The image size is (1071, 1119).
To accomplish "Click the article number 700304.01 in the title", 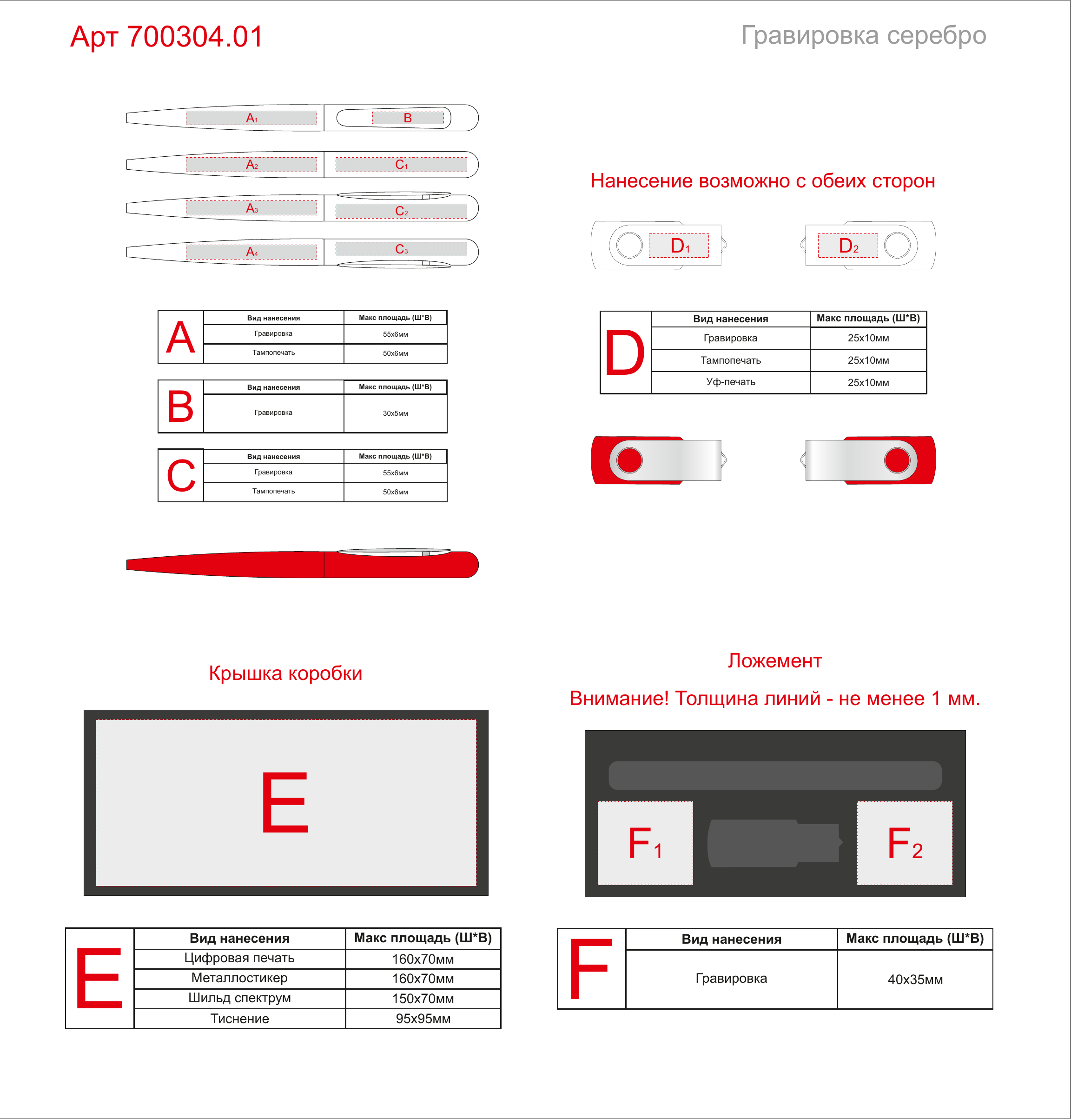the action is coord(195,37).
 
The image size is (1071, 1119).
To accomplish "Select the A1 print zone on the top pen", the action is coord(251,118).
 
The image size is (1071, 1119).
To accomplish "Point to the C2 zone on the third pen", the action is coord(401,211).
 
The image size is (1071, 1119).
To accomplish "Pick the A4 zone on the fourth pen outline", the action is coord(251,252).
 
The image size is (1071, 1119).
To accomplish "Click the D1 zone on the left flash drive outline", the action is coord(679,246).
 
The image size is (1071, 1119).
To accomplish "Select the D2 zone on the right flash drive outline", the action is coord(848,246).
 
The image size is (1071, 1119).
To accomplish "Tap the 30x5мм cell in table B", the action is coord(396,413).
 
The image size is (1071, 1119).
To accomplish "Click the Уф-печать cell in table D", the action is coord(731,382).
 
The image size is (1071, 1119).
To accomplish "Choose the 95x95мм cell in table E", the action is coord(423,1019).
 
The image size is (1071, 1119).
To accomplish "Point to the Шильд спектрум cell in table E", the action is coord(240,998).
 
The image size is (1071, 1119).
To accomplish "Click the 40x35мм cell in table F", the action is coord(915,979).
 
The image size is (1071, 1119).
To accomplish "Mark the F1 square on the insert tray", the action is coord(645,843).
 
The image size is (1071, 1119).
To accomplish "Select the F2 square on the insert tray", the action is coord(905,843).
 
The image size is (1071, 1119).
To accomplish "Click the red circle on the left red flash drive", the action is coord(630,460).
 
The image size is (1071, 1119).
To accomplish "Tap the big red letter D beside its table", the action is coord(625,352).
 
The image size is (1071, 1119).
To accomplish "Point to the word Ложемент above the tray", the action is coord(775,660).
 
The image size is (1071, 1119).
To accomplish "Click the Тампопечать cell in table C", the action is coord(274,491).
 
